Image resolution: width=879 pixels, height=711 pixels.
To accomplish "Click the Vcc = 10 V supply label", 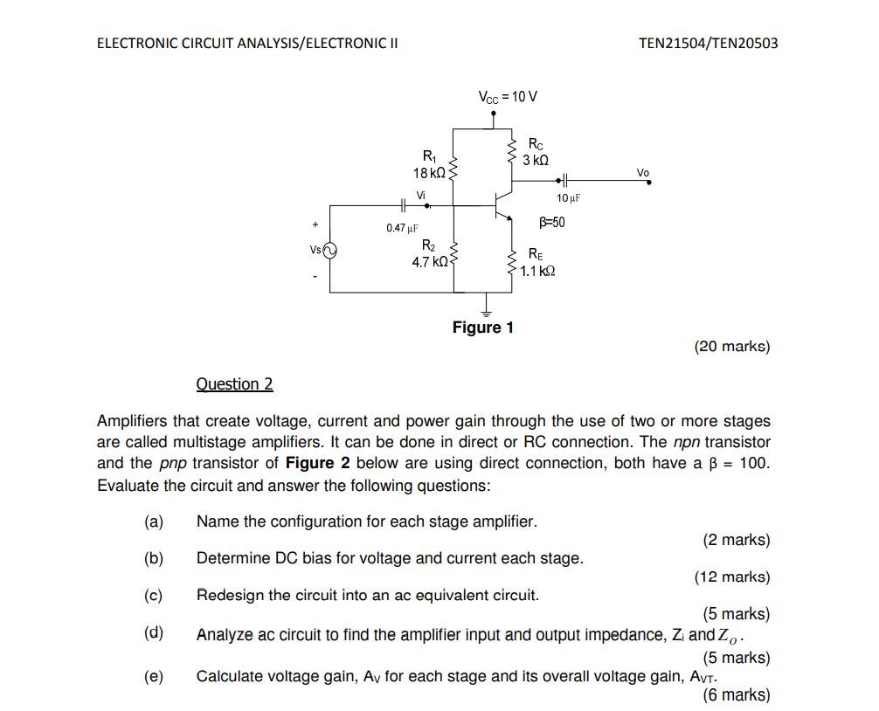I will tap(508, 96).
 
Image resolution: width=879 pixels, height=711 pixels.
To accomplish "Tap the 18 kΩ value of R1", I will tap(429, 173).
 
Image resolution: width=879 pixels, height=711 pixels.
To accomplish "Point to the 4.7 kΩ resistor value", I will tap(430, 261).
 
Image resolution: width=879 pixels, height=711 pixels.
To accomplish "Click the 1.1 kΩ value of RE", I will tap(537, 271).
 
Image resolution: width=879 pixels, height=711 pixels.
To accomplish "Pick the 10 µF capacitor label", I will tap(568, 199).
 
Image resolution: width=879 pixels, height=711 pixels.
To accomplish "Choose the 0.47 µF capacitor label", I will tap(399, 228).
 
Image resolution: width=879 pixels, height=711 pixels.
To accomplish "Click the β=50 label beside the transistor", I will tap(551, 222).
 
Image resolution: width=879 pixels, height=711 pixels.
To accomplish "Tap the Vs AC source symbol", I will tap(329, 252).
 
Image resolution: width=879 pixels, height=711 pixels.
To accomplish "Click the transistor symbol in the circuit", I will tap(501, 205).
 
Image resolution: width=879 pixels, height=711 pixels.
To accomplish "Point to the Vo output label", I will tap(643, 172).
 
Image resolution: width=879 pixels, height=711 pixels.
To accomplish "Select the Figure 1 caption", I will tap(482, 328).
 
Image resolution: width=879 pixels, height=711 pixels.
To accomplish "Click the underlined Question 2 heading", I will tap(234, 384).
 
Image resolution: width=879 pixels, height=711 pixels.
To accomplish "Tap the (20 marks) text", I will tap(731, 347).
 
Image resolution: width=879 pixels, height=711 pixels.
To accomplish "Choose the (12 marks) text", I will tap(731, 576).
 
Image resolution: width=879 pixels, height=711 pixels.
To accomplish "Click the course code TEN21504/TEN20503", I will tap(708, 43).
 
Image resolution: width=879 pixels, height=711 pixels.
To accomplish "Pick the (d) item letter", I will tap(154, 633).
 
